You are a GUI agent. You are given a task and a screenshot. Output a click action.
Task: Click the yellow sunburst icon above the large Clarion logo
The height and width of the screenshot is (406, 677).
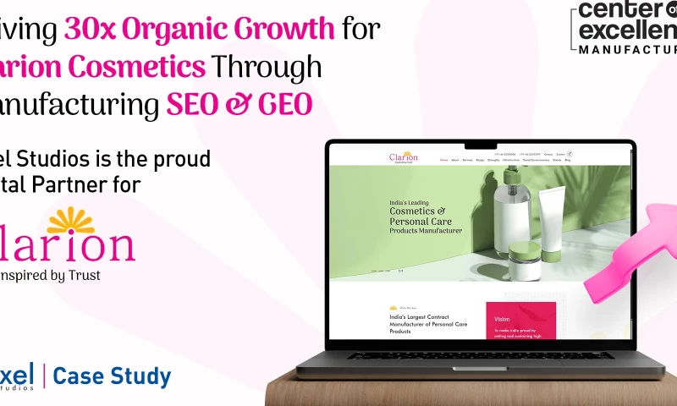pyautogui.click(x=70, y=219)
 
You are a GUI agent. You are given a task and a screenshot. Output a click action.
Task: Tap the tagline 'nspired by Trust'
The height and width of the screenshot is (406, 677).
pyautogui.click(x=51, y=275)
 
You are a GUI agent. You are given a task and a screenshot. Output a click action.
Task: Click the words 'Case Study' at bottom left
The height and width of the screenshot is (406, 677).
pyautogui.click(x=112, y=376)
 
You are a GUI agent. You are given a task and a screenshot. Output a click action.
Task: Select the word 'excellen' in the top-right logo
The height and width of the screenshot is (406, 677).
pyautogui.click(x=627, y=30)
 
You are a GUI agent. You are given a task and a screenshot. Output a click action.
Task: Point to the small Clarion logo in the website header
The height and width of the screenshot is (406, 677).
pyautogui.click(x=403, y=157)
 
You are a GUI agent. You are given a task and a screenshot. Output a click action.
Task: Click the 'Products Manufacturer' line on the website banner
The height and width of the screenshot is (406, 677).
pyautogui.click(x=426, y=230)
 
